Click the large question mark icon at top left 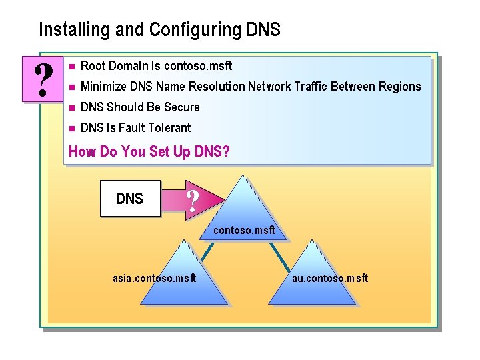pos(43,79)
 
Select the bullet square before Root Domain pos(70,66)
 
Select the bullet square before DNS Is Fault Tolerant pos(70,128)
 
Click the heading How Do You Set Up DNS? pos(149,151)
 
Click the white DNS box pos(130,199)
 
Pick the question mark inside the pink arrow pos(193,199)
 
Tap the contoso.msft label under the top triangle pos(244,231)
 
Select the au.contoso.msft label pos(330,278)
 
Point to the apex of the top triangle pos(245,177)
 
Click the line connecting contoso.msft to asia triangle pos(208,249)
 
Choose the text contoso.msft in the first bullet pos(198,65)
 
